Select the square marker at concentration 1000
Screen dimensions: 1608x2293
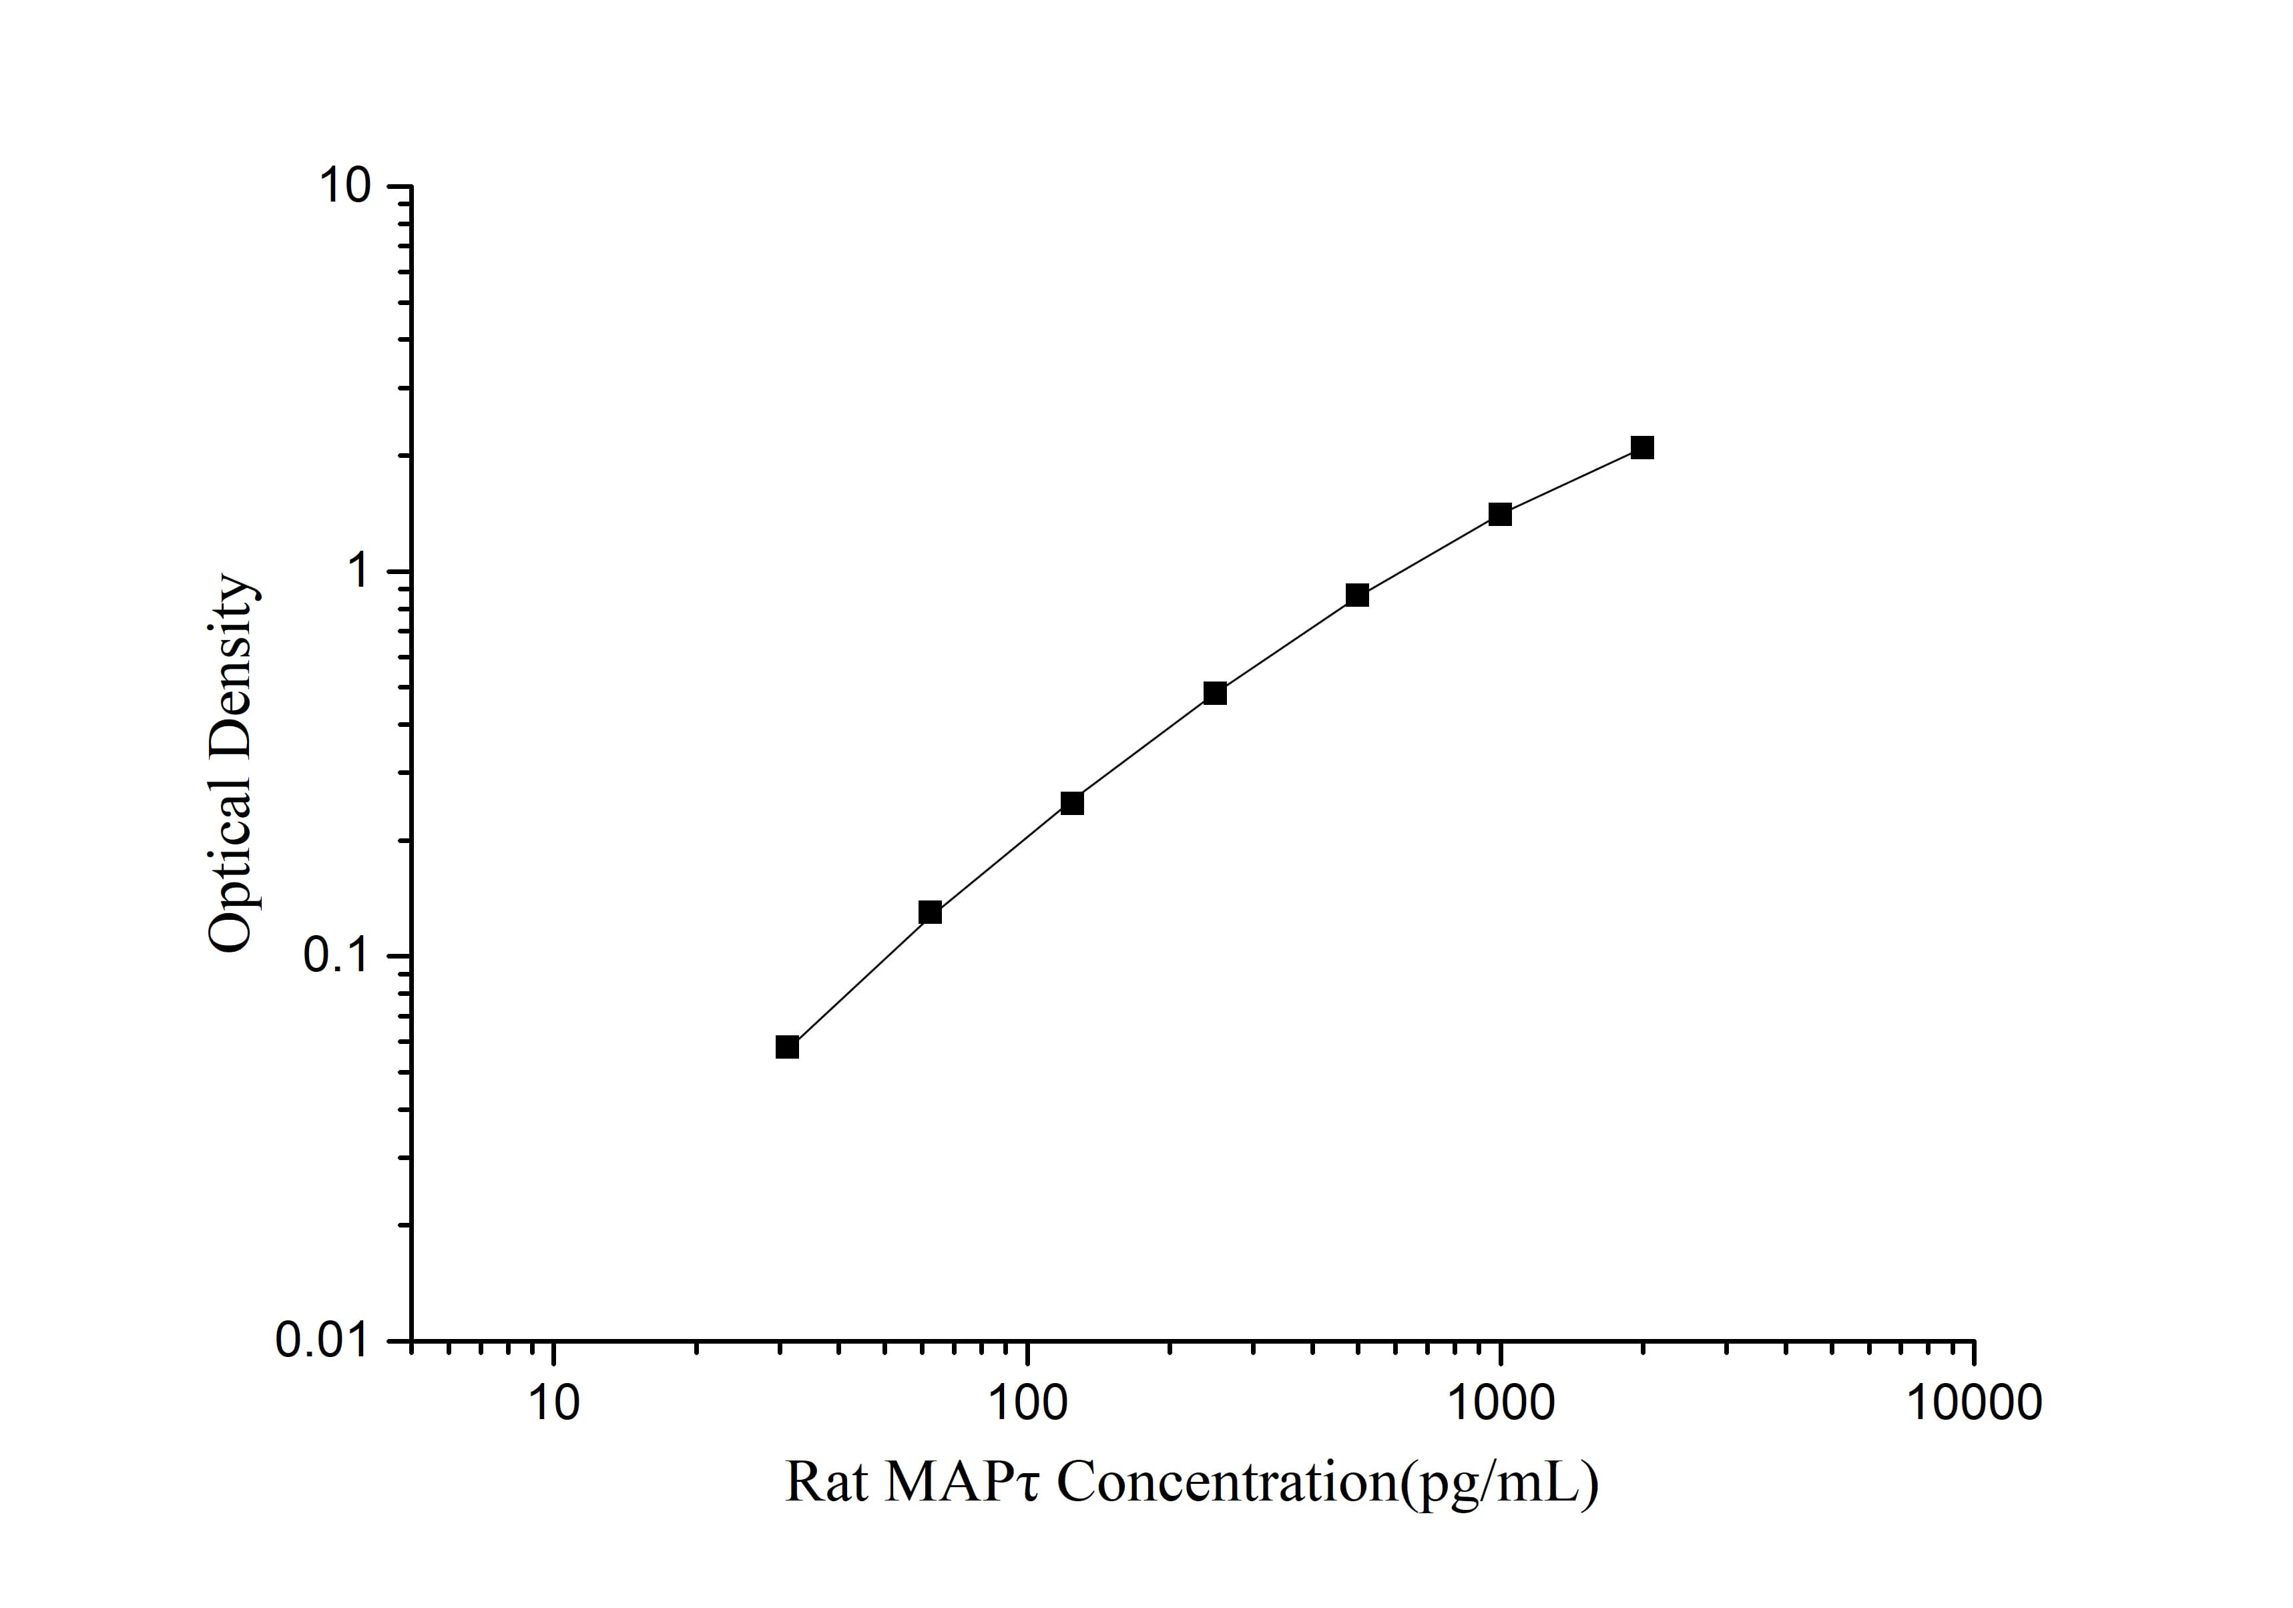[x=1500, y=515]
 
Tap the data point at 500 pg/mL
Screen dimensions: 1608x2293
[x=1356, y=595]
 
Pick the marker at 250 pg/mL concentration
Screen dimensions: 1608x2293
[x=1214, y=693]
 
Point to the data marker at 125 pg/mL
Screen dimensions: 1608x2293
[x=1071, y=803]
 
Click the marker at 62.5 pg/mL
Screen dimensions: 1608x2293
[x=930, y=912]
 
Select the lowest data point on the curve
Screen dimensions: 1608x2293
[x=787, y=1047]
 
